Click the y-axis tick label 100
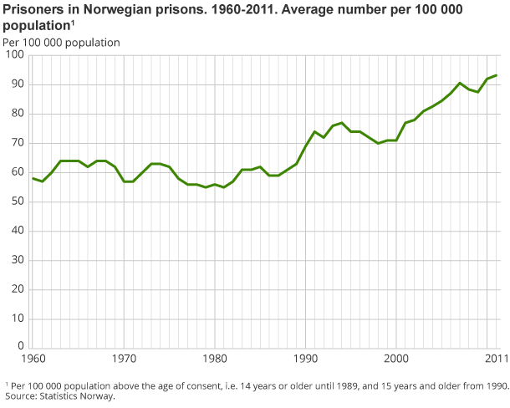pos(14,55)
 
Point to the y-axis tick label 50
pos(17,201)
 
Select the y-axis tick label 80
pos(17,114)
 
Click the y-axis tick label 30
pos(17,260)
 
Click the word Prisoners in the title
pos(33,9)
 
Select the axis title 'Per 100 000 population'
pos(61,42)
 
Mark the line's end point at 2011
pos(497,75)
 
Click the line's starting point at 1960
pos(33,178)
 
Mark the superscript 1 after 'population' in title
pos(73,23)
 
